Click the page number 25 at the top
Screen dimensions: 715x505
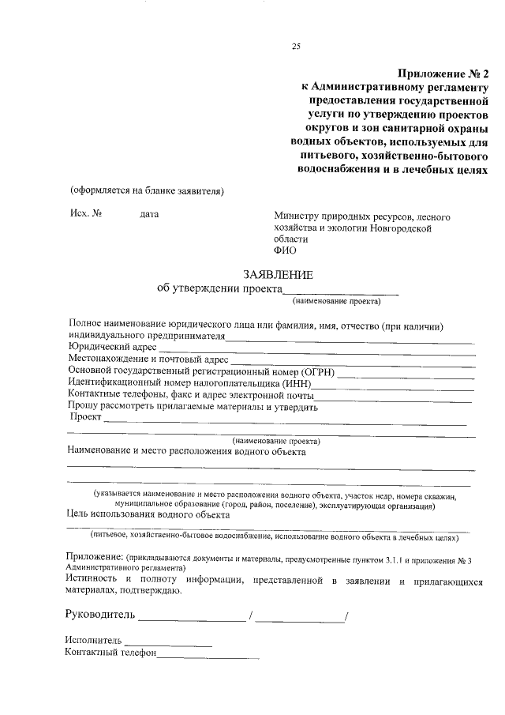[x=297, y=47]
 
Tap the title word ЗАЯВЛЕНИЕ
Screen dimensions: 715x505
[x=278, y=275]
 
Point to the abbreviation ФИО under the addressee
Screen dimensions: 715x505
[x=285, y=251]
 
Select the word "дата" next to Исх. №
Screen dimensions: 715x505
[x=149, y=214]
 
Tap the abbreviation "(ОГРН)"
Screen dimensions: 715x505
[x=316, y=371]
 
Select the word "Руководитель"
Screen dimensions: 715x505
[x=100, y=615]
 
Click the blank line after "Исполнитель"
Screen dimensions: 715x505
[x=168, y=642]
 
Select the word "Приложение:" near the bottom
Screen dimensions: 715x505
[x=93, y=558]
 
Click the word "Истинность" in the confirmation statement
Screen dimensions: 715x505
[x=95, y=581]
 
